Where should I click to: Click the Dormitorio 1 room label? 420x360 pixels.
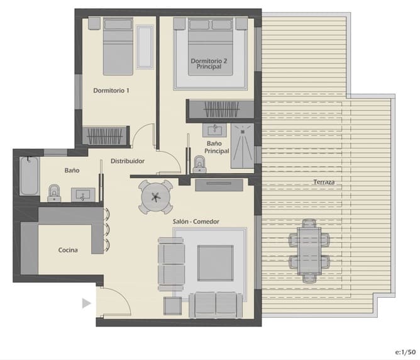tap(111, 91)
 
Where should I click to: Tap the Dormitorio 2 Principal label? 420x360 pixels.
tap(209, 64)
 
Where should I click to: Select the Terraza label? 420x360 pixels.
tap(324, 183)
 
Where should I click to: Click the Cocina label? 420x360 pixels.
tap(68, 250)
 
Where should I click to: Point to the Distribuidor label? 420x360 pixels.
tap(128, 161)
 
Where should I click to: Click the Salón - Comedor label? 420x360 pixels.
tap(200, 222)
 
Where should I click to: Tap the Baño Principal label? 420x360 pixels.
tap(217, 147)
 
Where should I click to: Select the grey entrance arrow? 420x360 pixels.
tap(87, 303)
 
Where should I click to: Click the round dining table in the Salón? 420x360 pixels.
tap(155, 196)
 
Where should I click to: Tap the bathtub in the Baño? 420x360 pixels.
tap(29, 176)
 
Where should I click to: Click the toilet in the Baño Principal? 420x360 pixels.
tap(200, 165)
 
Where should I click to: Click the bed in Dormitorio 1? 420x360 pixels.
tap(118, 49)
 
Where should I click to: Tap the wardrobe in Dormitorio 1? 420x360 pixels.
tap(105, 135)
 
